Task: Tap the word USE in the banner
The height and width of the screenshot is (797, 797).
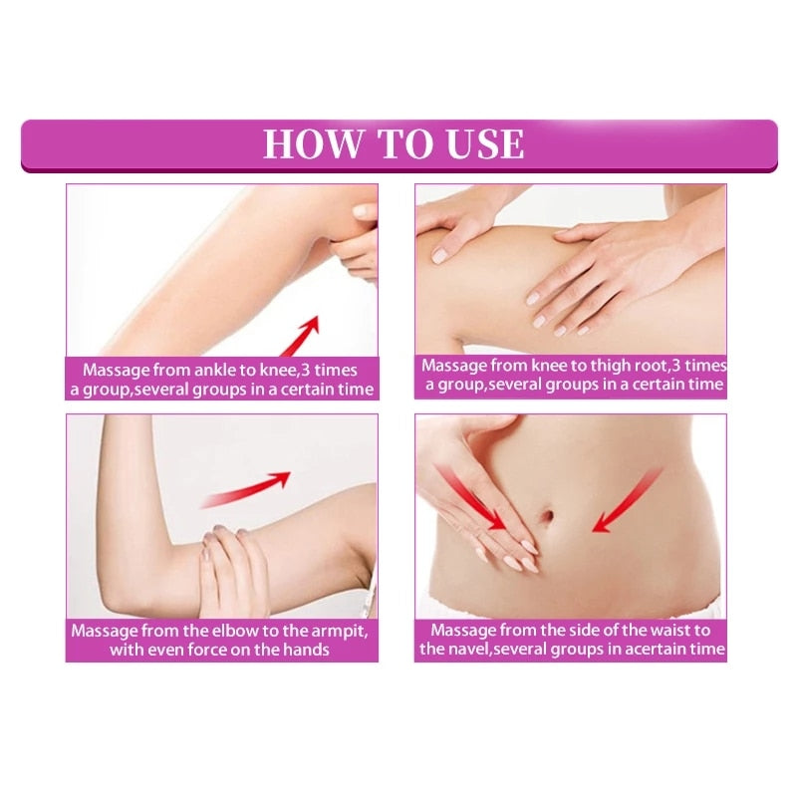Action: pyautogui.click(x=477, y=143)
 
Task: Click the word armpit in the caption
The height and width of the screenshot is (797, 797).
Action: pyautogui.click(x=333, y=631)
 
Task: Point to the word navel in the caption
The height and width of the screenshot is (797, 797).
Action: pyautogui.click(x=464, y=651)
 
